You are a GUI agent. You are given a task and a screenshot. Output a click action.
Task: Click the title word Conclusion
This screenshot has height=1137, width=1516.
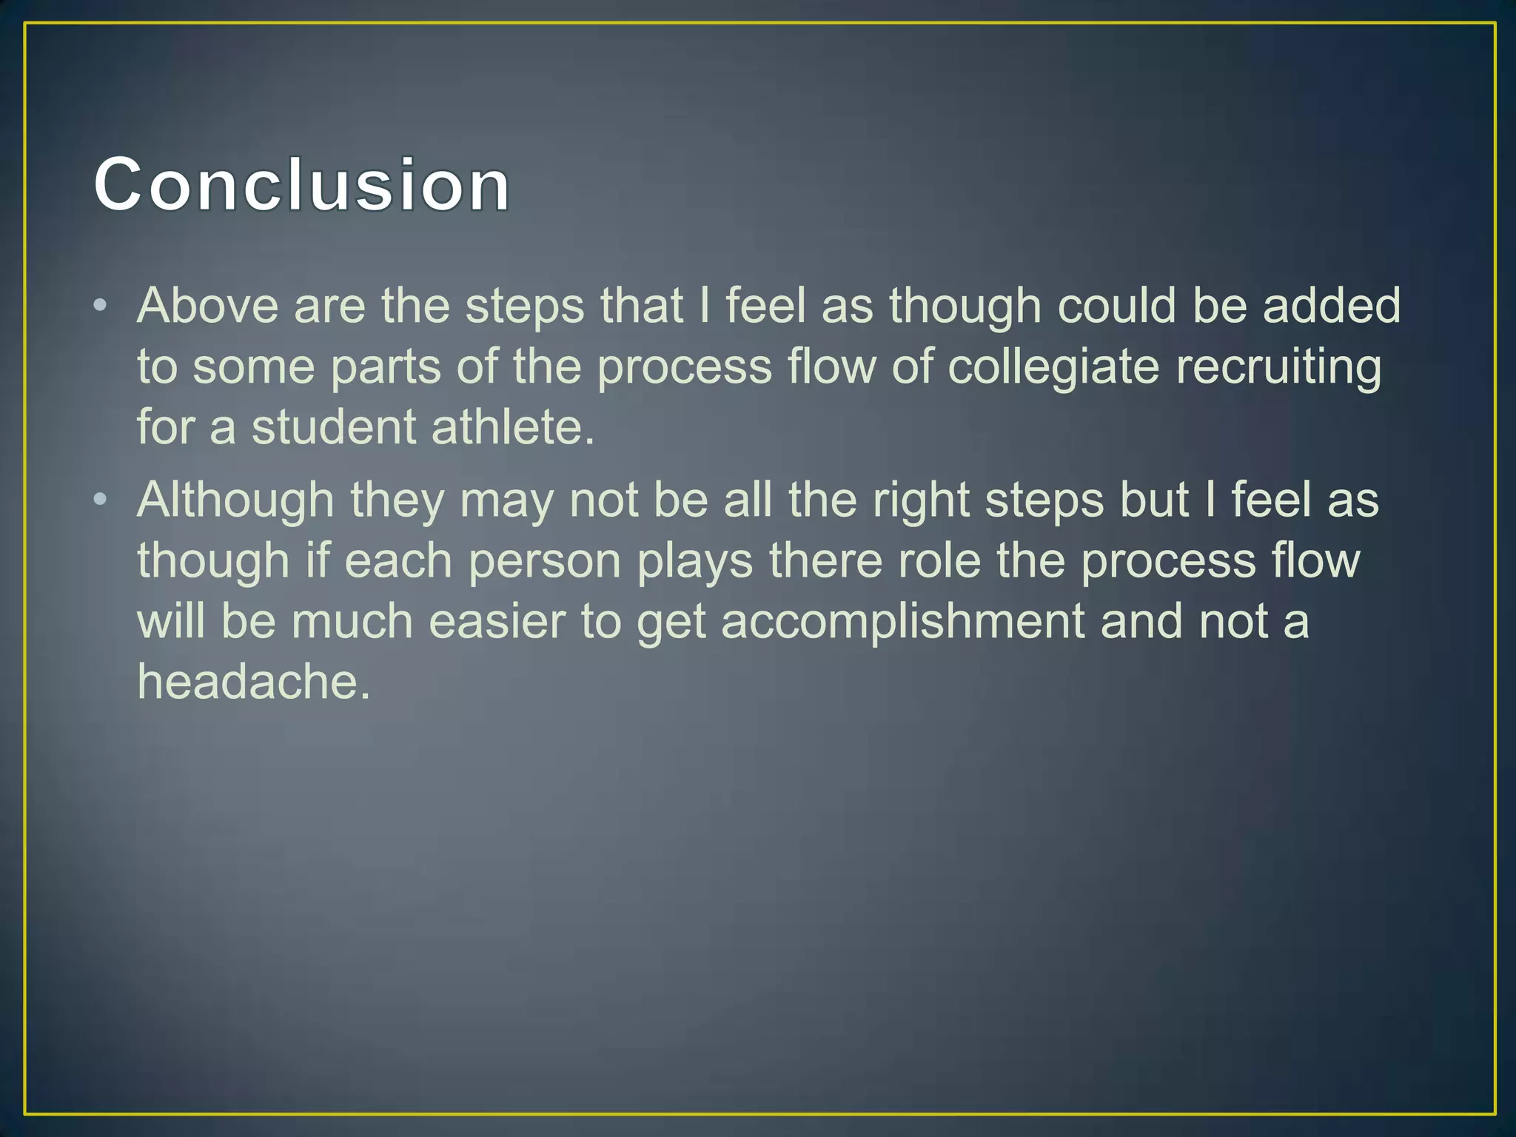302,185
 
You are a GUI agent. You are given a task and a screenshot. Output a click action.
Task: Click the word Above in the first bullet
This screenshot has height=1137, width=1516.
208,306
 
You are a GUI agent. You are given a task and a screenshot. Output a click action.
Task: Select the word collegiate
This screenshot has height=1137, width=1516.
1053,367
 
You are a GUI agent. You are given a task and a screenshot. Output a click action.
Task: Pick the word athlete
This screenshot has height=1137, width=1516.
512,428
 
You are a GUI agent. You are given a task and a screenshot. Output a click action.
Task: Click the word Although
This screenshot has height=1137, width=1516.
235,500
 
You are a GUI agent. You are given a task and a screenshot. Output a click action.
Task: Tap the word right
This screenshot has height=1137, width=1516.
921,500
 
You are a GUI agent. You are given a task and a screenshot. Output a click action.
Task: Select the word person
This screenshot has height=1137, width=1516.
545,561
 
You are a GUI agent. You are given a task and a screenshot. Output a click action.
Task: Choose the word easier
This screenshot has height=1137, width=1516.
497,622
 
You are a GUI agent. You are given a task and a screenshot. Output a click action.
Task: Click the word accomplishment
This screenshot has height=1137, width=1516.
903,622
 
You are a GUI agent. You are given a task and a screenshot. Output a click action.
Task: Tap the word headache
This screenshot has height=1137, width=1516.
253,682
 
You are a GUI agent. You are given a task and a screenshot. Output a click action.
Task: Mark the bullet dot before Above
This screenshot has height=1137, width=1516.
101,305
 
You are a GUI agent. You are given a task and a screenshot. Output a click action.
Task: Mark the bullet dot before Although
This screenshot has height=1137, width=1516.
101,500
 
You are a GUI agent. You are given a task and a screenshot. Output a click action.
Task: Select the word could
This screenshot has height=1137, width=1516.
1117,306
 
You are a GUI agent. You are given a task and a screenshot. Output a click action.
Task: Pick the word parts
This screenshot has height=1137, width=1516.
386,367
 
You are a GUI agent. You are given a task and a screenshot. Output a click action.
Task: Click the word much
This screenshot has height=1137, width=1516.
352,622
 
